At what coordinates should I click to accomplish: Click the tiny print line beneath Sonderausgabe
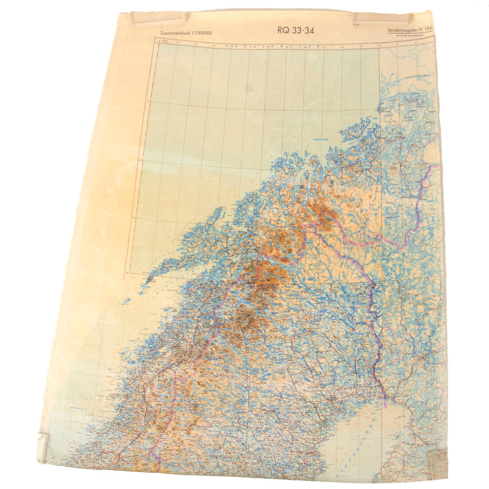[x=409, y=36]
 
